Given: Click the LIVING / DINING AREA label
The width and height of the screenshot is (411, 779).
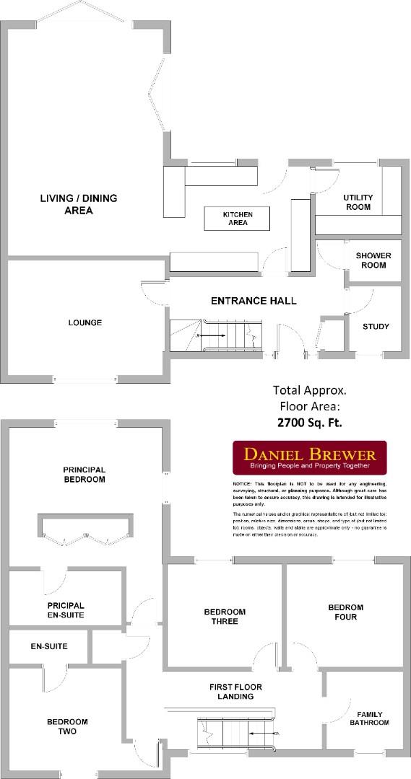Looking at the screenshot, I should pyautogui.click(x=78, y=204).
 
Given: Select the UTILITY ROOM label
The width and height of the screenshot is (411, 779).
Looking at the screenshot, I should pyautogui.click(x=357, y=202).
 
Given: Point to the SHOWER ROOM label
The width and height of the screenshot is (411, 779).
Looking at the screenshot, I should pyautogui.click(x=373, y=260).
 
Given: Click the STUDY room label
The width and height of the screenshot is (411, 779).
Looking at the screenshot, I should pyautogui.click(x=376, y=327).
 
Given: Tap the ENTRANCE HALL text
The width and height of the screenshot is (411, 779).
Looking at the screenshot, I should pyautogui.click(x=253, y=301).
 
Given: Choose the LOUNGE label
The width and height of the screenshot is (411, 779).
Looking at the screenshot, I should pyautogui.click(x=85, y=322).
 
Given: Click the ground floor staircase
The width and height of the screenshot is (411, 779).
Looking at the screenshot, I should pyautogui.click(x=215, y=336).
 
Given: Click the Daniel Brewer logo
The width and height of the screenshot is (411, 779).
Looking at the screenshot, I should pyautogui.click(x=309, y=457).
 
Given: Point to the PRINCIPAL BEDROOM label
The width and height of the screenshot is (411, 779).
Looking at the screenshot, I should pyautogui.click(x=85, y=474).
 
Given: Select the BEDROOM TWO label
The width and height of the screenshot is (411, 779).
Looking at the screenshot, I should pyautogui.click(x=67, y=726).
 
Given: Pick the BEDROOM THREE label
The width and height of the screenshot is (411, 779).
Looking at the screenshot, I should pyautogui.click(x=225, y=616).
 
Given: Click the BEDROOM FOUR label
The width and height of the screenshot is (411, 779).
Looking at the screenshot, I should pyautogui.click(x=345, y=612).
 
